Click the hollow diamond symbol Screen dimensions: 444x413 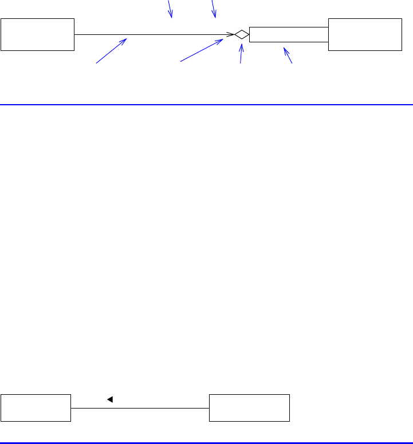click(242, 34)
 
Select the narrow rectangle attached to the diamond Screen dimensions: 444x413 click(289, 34)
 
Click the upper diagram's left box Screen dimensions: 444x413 click(38, 34)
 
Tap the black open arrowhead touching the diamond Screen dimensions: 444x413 click(231, 34)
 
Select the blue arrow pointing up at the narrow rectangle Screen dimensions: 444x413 click(288, 55)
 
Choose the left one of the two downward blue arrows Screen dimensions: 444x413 click(170, 9)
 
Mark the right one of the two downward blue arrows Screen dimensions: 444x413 click(214, 9)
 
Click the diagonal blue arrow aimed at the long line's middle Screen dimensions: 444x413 click(111, 51)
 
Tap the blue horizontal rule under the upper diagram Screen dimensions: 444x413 click(206, 105)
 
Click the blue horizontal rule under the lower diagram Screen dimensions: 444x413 click(206, 442)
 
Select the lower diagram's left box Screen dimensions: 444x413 click(36, 407)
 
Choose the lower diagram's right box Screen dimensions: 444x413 click(250, 407)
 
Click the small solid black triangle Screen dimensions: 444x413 click(109, 399)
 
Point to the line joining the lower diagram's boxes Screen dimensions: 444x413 click(140, 408)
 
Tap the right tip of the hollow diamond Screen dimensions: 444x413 click(249, 34)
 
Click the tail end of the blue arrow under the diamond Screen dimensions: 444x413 click(241, 62)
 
